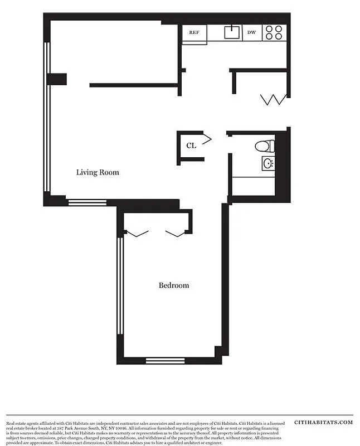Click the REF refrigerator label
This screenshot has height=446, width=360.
point(194,32)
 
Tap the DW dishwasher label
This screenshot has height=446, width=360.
point(252,32)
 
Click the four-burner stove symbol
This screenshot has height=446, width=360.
point(275,32)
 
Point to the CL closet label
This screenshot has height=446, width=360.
point(191,146)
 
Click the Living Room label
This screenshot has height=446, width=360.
point(98,172)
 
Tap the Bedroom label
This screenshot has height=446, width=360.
point(174,285)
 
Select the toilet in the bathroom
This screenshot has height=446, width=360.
point(265,147)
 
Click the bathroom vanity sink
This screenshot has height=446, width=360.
point(267,164)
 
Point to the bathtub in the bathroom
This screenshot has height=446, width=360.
point(253,186)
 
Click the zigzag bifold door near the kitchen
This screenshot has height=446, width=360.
point(274,100)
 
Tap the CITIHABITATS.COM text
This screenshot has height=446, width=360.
point(323,422)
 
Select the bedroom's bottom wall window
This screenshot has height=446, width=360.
point(165,360)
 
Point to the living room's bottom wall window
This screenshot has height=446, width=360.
point(87,202)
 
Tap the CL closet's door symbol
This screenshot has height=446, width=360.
point(206,138)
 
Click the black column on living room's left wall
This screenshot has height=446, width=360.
point(56,79)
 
